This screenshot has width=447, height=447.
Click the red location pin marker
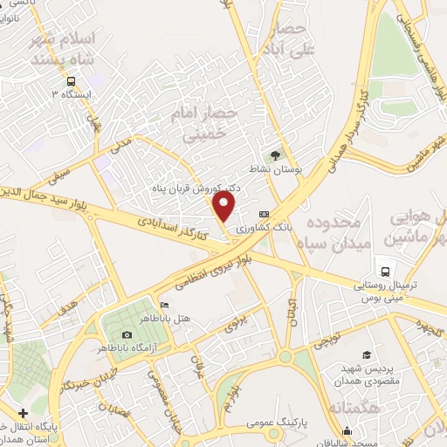(224, 207)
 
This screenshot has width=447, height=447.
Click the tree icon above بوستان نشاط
(277, 155)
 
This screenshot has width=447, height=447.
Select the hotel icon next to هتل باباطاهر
(164, 306)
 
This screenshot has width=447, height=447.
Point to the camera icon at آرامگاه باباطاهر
(127, 335)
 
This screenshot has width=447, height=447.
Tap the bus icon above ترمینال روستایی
(382, 268)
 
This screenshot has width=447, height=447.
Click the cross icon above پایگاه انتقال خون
(23, 413)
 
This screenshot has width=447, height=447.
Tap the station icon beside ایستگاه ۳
(55, 94)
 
